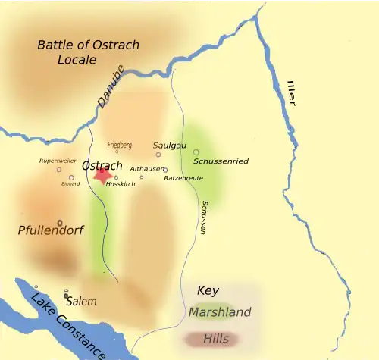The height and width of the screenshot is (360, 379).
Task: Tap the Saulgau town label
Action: (x=169, y=145)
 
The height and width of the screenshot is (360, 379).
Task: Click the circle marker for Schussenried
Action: (x=196, y=152)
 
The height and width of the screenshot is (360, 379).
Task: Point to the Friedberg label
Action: (x=119, y=145)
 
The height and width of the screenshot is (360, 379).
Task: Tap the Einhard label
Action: (x=70, y=184)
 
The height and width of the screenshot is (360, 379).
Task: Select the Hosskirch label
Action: (x=121, y=184)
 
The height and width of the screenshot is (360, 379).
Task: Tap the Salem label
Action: (x=81, y=301)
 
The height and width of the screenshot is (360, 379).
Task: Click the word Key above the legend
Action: (x=208, y=290)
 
